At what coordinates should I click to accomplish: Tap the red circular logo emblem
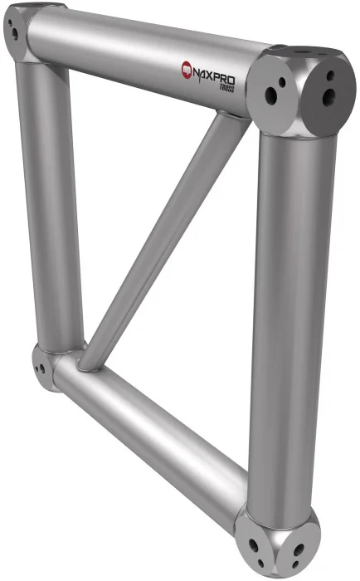click(187, 69)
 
